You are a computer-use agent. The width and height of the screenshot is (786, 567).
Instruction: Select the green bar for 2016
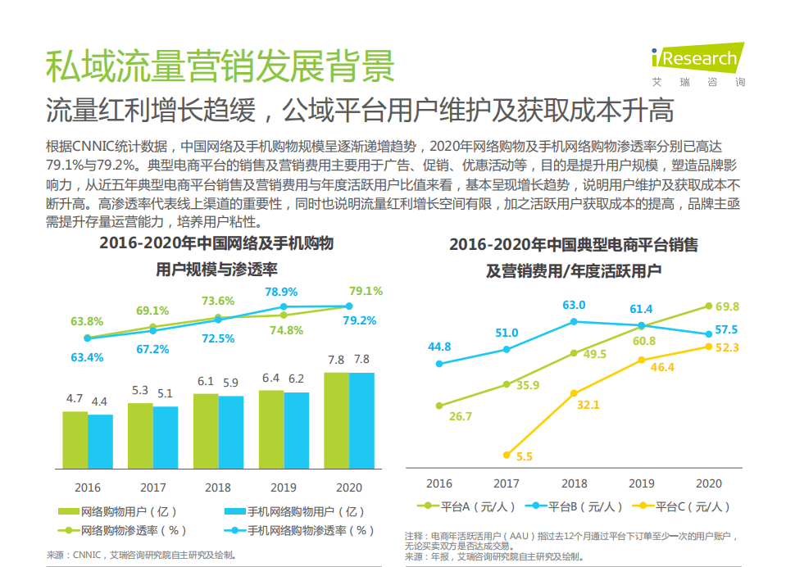coord(75,440)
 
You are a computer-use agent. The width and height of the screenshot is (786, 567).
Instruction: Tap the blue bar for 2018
coord(231,432)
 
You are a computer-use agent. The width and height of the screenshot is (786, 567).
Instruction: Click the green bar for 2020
coord(336,420)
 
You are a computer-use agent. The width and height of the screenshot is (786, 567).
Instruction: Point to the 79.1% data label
coord(366,291)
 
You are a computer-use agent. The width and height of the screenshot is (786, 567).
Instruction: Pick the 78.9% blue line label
coord(281,292)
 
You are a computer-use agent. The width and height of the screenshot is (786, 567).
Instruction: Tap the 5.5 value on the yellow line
coord(525,456)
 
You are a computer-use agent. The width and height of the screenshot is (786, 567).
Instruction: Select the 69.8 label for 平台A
coord(727,306)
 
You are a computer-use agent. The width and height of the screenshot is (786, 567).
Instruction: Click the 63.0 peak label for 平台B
coord(574,305)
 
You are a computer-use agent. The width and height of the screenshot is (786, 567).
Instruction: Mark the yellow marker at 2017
coord(507,455)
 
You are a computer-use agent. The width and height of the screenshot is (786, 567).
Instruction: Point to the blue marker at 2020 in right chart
coord(708,334)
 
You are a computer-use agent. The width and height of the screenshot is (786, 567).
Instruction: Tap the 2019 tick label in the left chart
coord(284,487)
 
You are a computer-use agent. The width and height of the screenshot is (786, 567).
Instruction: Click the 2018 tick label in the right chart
coord(574,483)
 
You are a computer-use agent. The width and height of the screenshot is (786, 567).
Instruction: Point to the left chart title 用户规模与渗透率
coord(216,270)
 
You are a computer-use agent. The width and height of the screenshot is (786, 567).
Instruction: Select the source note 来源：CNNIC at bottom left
coord(139,555)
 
